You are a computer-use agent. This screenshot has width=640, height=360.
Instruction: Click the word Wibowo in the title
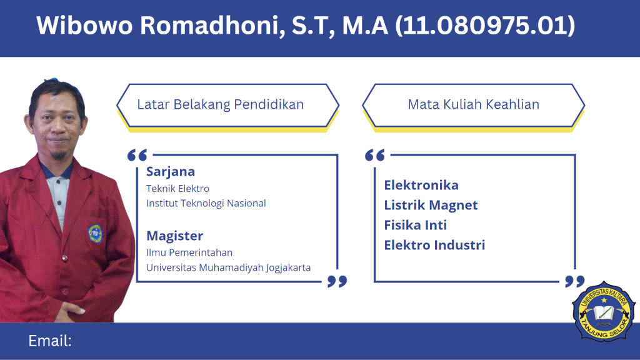(x=84, y=25)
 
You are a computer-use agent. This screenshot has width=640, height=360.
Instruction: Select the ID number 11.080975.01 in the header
(x=485, y=25)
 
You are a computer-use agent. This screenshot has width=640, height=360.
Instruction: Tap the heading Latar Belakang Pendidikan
(x=221, y=104)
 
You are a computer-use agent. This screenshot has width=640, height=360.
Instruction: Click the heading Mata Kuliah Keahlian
(x=474, y=104)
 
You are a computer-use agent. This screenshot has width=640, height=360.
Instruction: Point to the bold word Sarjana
(x=171, y=172)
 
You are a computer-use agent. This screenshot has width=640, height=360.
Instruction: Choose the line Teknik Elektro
(x=177, y=189)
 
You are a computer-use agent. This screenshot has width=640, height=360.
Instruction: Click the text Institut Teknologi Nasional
(x=206, y=203)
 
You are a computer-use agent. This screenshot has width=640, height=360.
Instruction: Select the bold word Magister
(x=175, y=236)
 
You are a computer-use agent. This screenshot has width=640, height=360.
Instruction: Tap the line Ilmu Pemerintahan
(x=189, y=252)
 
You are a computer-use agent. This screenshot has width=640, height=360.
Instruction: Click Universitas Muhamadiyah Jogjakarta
(x=229, y=267)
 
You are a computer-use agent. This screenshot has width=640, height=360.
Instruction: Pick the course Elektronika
(x=421, y=185)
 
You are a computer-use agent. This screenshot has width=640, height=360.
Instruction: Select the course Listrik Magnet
(x=431, y=205)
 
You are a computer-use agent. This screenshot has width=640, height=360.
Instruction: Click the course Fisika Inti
(x=416, y=225)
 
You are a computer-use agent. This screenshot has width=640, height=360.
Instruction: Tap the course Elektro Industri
(x=434, y=245)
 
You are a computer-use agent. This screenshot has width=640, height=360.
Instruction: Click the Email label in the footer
(x=50, y=341)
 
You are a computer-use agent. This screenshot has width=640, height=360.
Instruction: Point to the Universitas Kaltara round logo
(x=604, y=311)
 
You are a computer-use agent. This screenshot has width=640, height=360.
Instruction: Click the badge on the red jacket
(x=95, y=234)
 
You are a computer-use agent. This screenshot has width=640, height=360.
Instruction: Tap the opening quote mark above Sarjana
(x=137, y=155)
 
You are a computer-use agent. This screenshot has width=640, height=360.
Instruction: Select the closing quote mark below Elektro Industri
(x=575, y=281)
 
